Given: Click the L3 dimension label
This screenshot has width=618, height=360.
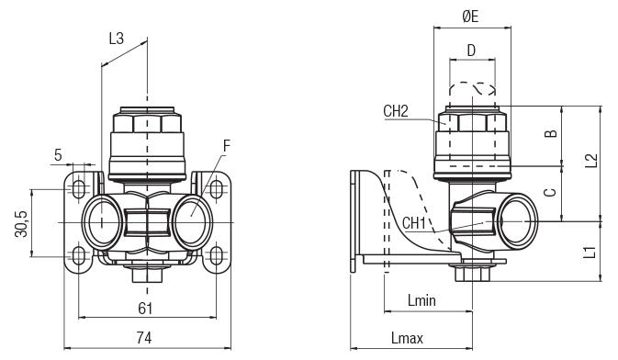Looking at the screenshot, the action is coord(117,39).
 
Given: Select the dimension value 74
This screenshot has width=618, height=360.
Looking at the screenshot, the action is coord(144,338).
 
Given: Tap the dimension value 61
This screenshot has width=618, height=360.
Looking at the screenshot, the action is coord(145,308).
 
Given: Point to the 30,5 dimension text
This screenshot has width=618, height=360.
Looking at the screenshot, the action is coord(21,223).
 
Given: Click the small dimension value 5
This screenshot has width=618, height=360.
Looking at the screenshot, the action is coord(58,155).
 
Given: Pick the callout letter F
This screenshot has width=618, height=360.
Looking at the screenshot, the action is coord(227,146).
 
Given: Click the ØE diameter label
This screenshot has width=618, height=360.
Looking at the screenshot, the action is coord(470,17).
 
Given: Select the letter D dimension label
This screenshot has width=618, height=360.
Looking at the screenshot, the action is coord(471,51).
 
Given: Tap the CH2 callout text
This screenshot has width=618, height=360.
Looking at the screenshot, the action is coord(396,111).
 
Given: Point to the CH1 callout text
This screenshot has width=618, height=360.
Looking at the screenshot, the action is coord(414,223).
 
